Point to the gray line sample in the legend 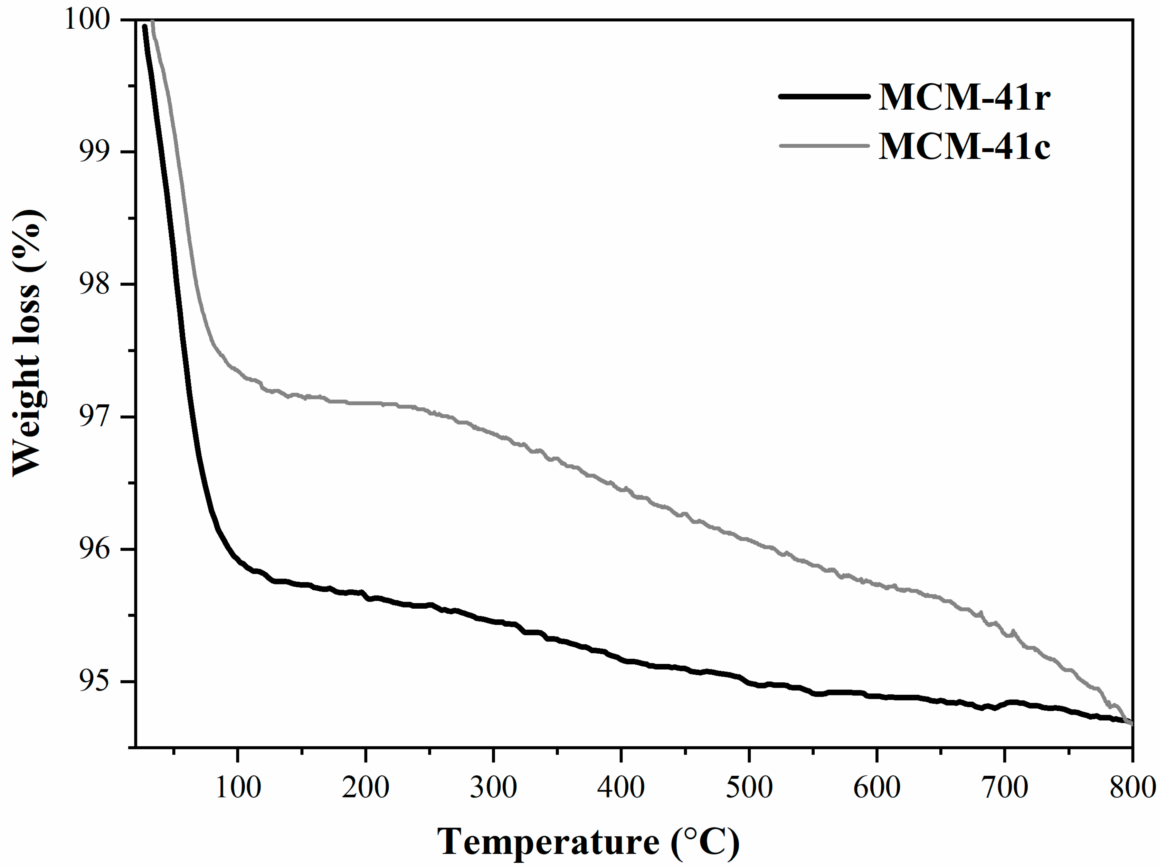click(x=823, y=146)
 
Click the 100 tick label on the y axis click(x=87, y=20)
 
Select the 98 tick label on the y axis click(x=95, y=284)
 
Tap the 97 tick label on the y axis click(x=95, y=417)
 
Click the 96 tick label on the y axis click(x=95, y=549)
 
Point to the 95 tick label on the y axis click(x=95, y=682)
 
